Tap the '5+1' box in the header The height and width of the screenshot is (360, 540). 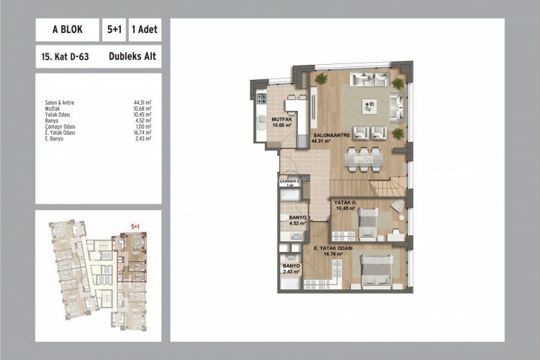[112, 30]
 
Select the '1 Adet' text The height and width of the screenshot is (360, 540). [143, 30]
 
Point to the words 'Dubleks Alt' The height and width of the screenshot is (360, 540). [133, 55]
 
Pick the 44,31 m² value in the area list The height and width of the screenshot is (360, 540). [143, 103]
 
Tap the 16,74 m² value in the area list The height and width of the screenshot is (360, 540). [143, 132]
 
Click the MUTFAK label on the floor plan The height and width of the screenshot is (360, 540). [281, 120]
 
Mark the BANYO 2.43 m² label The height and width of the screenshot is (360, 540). [291, 267]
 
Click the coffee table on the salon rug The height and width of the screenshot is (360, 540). [369, 106]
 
